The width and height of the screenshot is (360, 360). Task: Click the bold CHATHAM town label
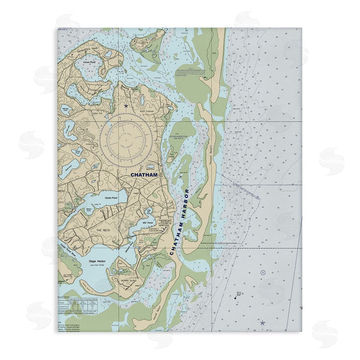pos(144,175)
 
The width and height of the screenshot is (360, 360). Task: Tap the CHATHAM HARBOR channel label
pos(179,222)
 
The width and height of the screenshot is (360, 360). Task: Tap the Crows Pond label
pos(89,60)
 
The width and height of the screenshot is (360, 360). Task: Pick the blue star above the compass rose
pos(126,106)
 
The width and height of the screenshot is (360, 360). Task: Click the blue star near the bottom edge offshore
pos(262,323)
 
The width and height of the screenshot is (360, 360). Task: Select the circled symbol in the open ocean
pos(263,273)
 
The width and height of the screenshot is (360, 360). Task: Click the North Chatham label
pos(147,112)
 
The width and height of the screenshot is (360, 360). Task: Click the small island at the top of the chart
pos(147,41)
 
